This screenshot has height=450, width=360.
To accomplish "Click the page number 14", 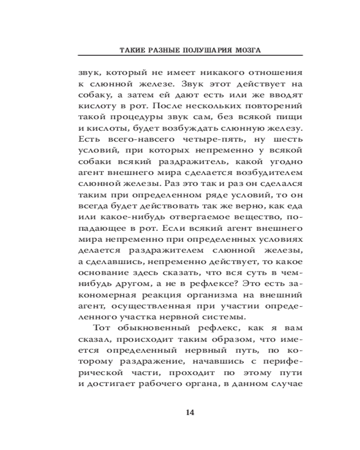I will pos(190,413).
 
